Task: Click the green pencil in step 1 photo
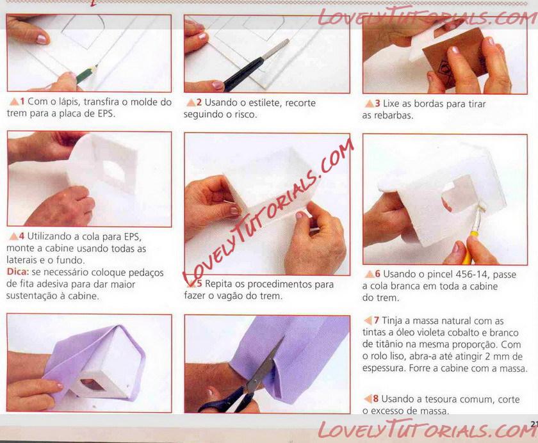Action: tap(86, 74)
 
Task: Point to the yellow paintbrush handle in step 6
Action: tap(468, 248)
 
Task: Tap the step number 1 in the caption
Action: tap(22, 102)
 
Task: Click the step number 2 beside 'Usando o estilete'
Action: tap(199, 102)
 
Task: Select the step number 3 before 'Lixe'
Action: tap(377, 104)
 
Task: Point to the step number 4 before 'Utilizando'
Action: tap(22, 236)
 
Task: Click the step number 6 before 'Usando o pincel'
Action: tap(377, 273)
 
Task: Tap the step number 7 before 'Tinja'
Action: tap(377, 321)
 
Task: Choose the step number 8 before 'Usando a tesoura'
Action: tap(376, 399)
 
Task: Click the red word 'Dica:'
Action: tap(17, 272)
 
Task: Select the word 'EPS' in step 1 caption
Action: tap(105, 113)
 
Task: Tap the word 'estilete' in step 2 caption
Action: tap(263, 103)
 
